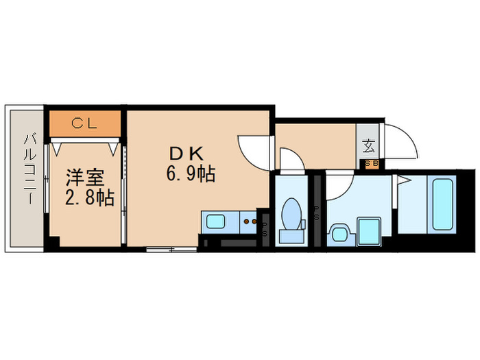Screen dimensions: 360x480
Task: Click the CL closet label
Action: (x=86, y=123)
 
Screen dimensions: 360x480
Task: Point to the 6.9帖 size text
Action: (x=190, y=175)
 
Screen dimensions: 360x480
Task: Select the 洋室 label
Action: (x=84, y=178)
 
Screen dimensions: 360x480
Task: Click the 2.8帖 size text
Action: (x=89, y=198)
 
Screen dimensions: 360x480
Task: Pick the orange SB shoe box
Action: (x=371, y=163)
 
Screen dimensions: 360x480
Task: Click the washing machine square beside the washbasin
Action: (x=370, y=230)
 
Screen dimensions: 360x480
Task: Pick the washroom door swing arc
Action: (x=340, y=183)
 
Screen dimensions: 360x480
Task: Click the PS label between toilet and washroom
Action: (x=317, y=215)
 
